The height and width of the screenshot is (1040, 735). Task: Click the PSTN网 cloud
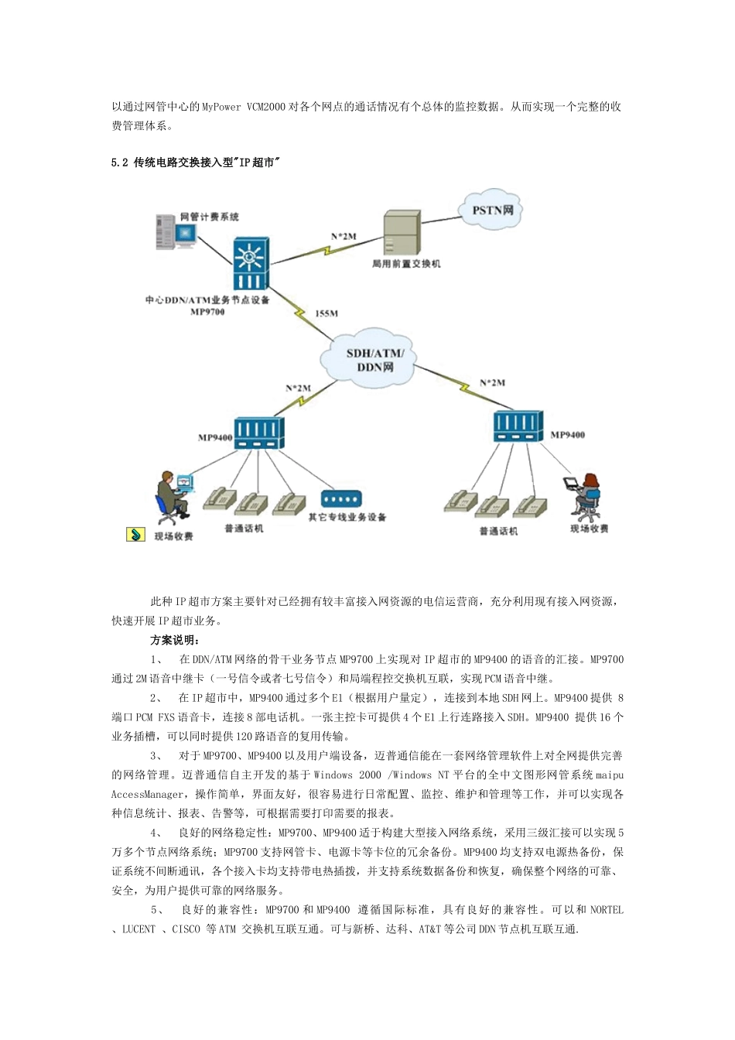(493, 210)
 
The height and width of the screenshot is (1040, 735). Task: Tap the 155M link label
(326, 313)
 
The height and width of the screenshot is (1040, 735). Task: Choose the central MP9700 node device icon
(251, 263)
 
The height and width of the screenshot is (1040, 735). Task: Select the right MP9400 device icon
(518, 426)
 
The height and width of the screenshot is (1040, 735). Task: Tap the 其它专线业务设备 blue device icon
(340, 499)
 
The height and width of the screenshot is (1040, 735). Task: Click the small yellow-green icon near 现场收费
(135, 535)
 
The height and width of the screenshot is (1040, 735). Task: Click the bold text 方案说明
(175, 640)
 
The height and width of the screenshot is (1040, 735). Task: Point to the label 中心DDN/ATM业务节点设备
(207, 299)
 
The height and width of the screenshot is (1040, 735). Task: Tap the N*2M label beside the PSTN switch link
(344, 236)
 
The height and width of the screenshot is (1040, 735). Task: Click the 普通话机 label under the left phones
(244, 529)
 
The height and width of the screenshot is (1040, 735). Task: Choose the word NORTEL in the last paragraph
(607, 910)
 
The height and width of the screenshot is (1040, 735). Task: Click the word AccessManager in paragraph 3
(147, 794)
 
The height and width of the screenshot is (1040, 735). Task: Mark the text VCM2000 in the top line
(266, 107)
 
